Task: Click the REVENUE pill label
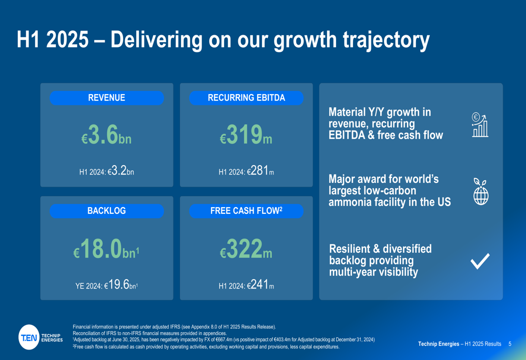point(106,98)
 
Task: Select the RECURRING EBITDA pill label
point(246,98)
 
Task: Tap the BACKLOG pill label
point(106,211)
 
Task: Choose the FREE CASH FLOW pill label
point(246,211)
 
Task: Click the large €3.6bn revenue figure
point(106,136)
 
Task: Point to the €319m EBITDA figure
point(246,136)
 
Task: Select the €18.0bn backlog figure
point(106,249)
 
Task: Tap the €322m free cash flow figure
point(246,249)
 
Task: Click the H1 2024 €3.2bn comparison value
point(106,171)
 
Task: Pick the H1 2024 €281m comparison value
point(246,171)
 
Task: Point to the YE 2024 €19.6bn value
point(106,285)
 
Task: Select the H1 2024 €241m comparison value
point(246,285)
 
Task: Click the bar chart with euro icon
point(480,125)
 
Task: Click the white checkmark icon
point(480,261)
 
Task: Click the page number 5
point(510,344)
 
